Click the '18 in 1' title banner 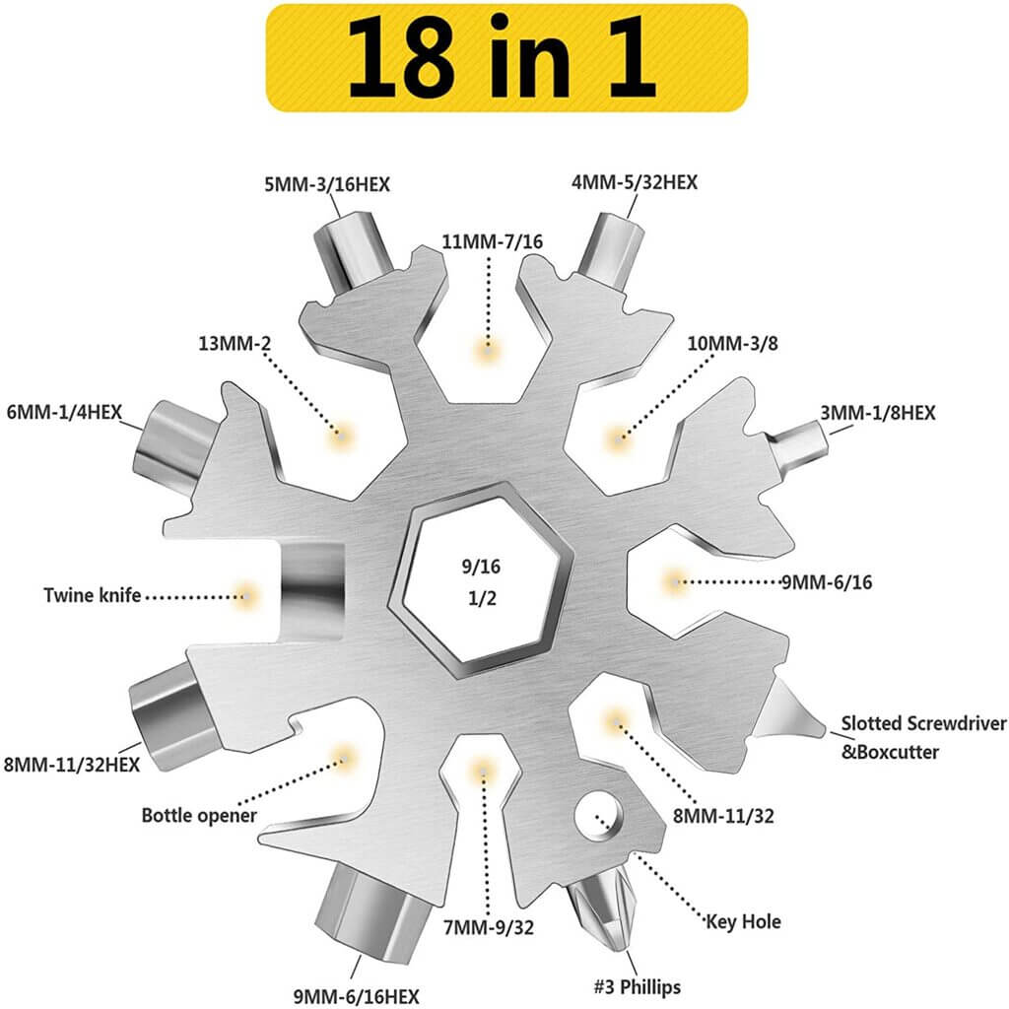click(x=504, y=57)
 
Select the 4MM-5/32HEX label click(x=636, y=182)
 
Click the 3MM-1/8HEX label click(x=877, y=413)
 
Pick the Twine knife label click(x=93, y=595)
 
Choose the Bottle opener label click(x=199, y=815)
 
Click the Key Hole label click(x=743, y=921)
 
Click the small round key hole click(x=601, y=820)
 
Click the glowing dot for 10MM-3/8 click(x=618, y=436)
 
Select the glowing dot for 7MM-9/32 click(x=482, y=769)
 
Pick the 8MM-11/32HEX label click(x=71, y=764)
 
